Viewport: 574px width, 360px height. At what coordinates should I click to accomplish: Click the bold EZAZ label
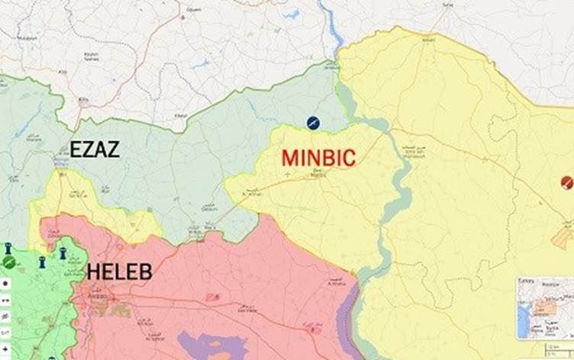(x=95, y=149)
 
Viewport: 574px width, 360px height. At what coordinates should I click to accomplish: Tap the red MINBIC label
(x=318, y=158)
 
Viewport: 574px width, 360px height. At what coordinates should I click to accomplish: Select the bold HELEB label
(x=119, y=272)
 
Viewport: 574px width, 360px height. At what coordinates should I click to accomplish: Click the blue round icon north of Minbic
(x=313, y=122)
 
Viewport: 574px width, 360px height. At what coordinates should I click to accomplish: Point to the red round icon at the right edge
(x=566, y=182)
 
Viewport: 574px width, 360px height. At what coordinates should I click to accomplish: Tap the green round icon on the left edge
(x=8, y=262)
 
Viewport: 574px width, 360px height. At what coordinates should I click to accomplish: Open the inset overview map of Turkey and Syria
(x=544, y=308)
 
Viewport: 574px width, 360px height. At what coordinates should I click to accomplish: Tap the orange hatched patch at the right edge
(x=563, y=239)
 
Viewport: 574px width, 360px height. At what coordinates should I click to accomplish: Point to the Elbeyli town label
(x=180, y=115)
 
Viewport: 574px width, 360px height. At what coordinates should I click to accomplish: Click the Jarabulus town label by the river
(x=333, y=67)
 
